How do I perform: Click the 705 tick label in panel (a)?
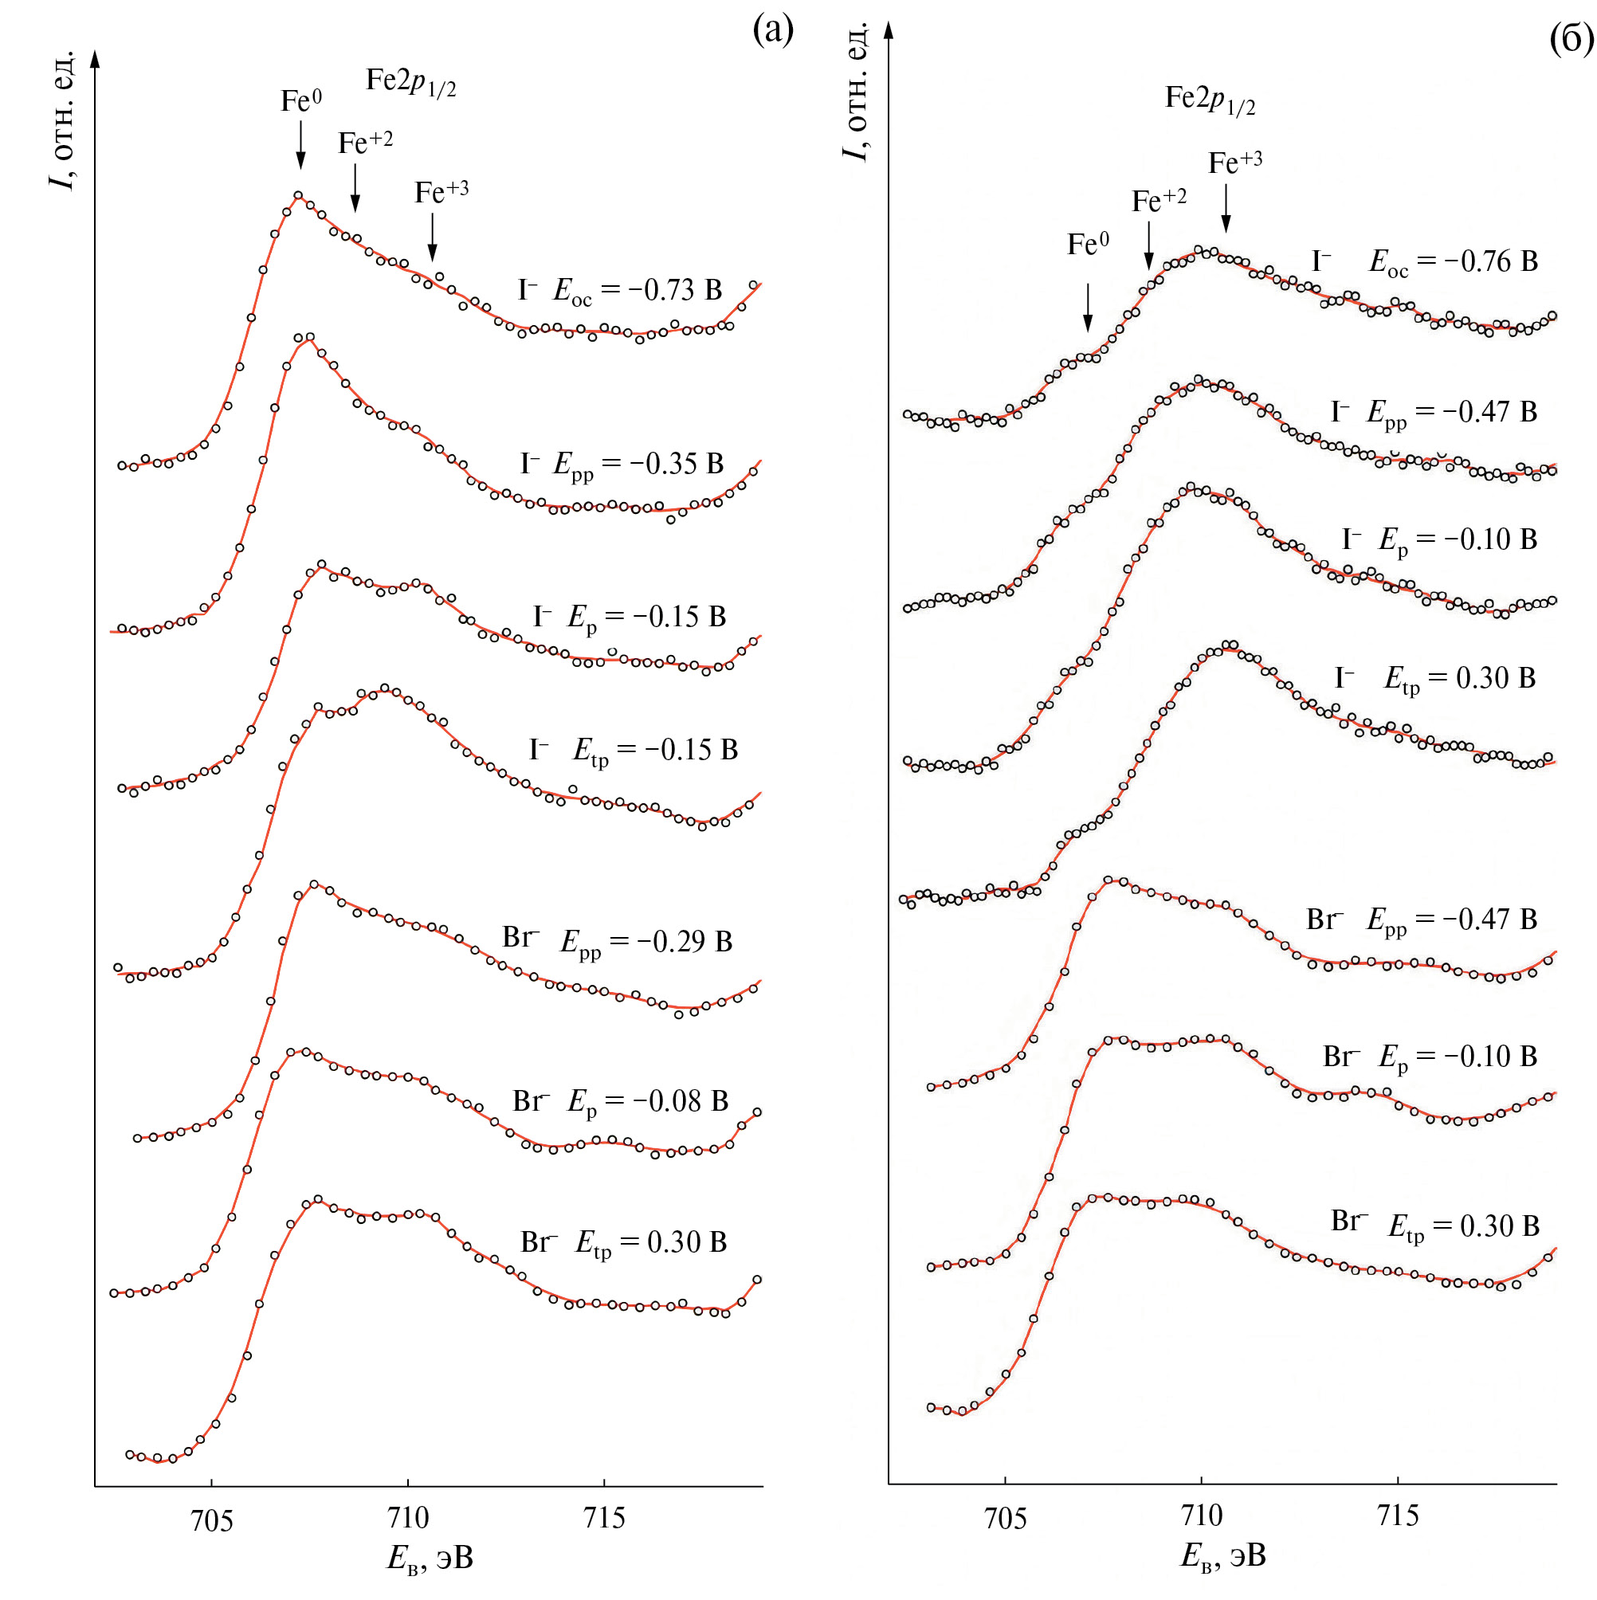click(x=211, y=1520)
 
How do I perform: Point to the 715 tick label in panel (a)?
click(x=604, y=1517)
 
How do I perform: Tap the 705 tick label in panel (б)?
click(x=1005, y=1518)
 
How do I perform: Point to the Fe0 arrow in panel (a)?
click(x=300, y=145)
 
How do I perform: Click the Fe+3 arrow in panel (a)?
click(x=433, y=237)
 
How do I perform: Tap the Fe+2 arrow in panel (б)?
click(x=1149, y=245)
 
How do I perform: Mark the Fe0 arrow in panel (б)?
click(x=1088, y=308)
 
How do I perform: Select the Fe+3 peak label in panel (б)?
click(x=1235, y=162)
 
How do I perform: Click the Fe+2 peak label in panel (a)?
click(x=365, y=143)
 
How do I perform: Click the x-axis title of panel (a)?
click(x=430, y=1558)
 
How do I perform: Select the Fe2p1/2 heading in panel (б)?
click(x=1210, y=99)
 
